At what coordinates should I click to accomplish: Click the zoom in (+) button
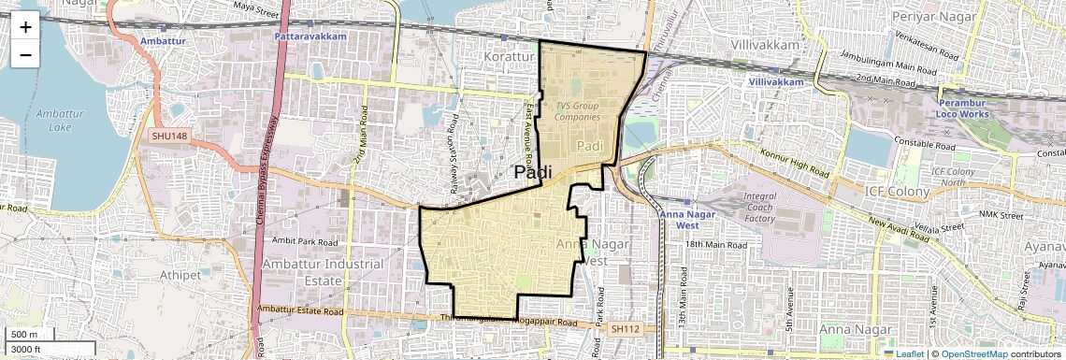[25, 26]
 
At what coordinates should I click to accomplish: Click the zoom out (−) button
[25, 54]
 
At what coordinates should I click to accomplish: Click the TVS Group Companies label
[576, 111]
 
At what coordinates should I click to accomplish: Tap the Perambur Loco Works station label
[962, 108]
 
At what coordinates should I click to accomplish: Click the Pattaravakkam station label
[310, 36]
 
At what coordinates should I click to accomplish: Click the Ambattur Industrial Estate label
[323, 271]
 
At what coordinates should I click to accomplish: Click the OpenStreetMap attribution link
[973, 353]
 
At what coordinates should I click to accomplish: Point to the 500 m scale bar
[25, 335]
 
